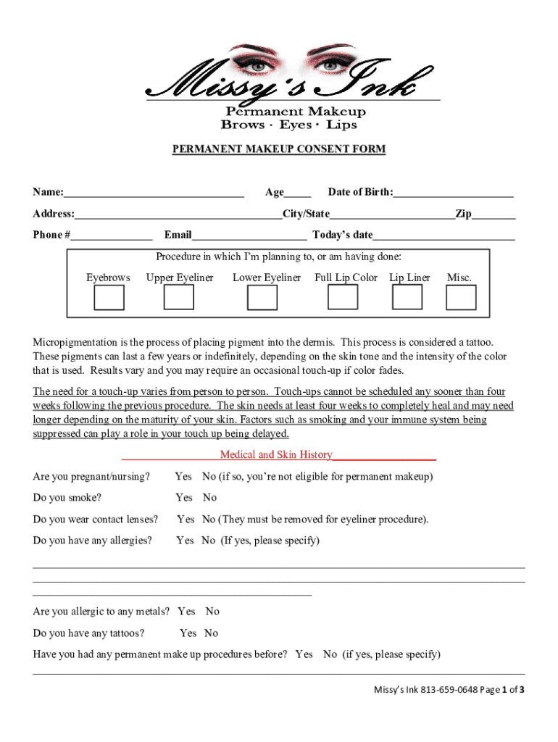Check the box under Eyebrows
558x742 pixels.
click(x=109, y=297)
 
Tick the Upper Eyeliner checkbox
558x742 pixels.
click(x=178, y=297)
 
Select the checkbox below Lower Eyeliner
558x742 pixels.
click(x=262, y=297)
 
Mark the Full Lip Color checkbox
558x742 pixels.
click(x=343, y=297)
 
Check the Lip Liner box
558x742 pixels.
click(x=407, y=297)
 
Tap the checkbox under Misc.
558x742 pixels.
click(x=461, y=297)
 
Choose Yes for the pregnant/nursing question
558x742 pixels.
click(x=183, y=477)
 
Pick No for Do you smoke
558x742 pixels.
click(x=209, y=498)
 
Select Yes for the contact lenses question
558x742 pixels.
click(x=186, y=520)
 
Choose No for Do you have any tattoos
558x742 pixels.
click(x=211, y=633)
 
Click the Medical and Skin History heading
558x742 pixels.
click(x=276, y=455)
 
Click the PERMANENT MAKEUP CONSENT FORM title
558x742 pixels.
click(x=279, y=149)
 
